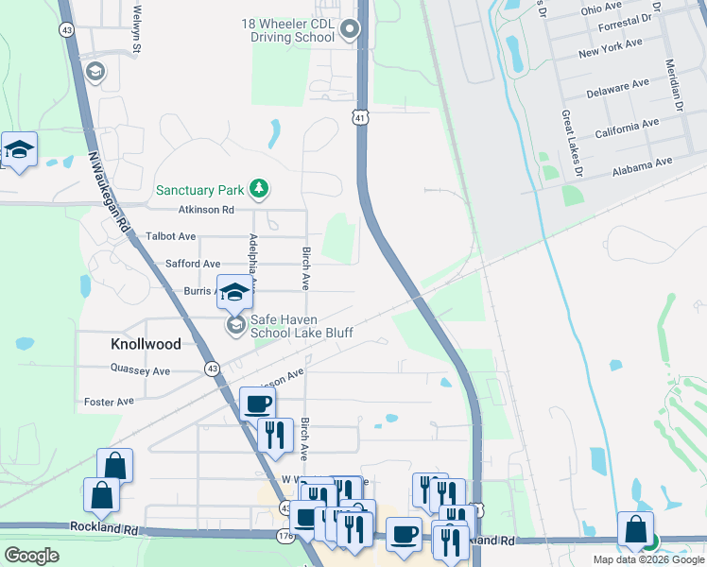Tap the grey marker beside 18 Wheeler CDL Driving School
click(x=350, y=30)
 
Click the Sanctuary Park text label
click(x=200, y=189)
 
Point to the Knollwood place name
click(x=145, y=345)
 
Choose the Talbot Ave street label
click(x=171, y=236)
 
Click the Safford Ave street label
click(x=193, y=265)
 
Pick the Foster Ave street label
click(x=109, y=402)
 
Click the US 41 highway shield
click(x=360, y=117)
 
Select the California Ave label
click(x=627, y=129)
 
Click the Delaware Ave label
click(x=617, y=88)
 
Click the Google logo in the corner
click(x=32, y=555)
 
